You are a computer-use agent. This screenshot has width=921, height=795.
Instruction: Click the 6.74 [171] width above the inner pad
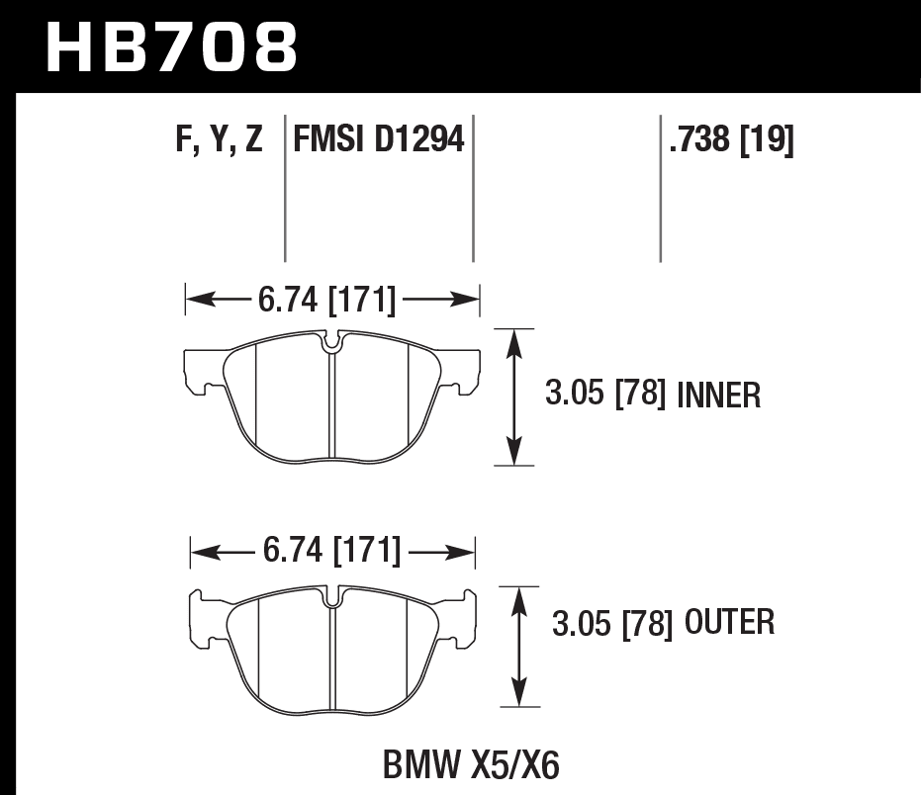326,300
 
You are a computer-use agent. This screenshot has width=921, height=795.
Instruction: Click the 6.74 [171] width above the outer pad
331,550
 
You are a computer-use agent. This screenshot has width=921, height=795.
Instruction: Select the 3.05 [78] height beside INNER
603,397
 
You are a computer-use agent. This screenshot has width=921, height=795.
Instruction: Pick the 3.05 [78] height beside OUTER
608,623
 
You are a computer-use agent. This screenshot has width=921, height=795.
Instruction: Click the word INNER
719,397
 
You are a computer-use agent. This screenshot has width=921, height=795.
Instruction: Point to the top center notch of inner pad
333,343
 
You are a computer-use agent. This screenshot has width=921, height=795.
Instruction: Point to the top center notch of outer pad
333,596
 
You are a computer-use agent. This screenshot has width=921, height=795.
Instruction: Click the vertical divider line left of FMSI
285,188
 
